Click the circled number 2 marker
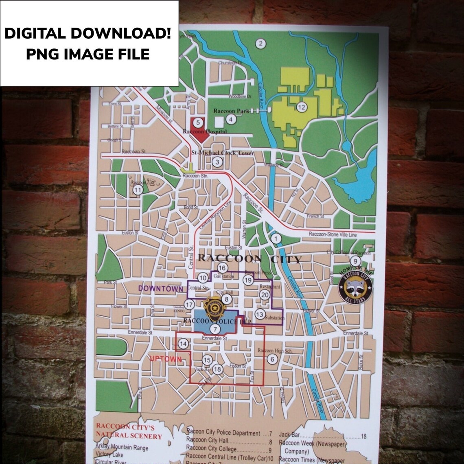(x=260, y=44)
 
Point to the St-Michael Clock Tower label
(x=223, y=153)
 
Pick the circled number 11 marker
(x=138, y=189)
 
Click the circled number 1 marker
(x=276, y=239)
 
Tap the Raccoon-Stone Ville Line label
(x=333, y=234)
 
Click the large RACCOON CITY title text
(x=249, y=258)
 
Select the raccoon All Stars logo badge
(x=355, y=287)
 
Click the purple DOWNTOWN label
(x=160, y=289)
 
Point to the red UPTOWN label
(x=165, y=359)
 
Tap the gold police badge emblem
(x=214, y=308)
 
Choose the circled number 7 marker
(x=214, y=329)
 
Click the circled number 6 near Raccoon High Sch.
(x=272, y=359)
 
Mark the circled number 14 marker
(x=183, y=344)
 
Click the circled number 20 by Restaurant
(x=265, y=295)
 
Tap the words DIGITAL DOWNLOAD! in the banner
(x=88, y=33)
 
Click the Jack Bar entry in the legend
(x=290, y=435)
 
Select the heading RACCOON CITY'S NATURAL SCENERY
(x=129, y=431)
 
